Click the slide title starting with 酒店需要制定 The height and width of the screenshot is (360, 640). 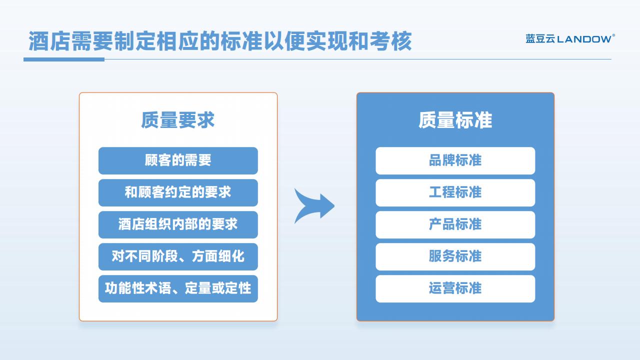(x=220, y=41)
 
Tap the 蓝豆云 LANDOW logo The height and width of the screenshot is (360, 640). (x=570, y=38)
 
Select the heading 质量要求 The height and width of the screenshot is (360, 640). (x=177, y=120)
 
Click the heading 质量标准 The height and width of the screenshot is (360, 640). (x=455, y=120)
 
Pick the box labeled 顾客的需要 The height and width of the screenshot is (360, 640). (x=178, y=160)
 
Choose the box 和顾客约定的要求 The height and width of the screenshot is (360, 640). (x=178, y=192)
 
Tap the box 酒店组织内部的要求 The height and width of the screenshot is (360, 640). (x=178, y=224)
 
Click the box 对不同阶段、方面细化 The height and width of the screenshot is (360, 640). (x=178, y=256)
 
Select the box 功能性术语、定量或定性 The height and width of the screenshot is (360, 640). (x=178, y=288)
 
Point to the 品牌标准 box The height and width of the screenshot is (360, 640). (x=455, y=160)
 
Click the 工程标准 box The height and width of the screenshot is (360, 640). (x=455, y=192)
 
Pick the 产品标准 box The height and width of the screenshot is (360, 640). (x=455, y=224)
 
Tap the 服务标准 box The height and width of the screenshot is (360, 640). (x=455, y=256)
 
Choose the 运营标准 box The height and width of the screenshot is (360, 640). (x=455, y=288)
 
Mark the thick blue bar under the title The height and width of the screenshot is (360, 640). (x=64, y=59)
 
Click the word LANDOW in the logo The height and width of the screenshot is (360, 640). (x=584, y=39)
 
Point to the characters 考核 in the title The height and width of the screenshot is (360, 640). (x=391, y=41)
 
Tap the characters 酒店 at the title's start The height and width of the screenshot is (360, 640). (x=49, y=41)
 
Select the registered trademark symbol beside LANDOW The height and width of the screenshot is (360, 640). (x=613, y=35)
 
